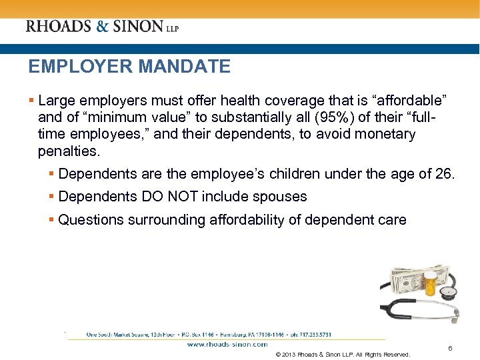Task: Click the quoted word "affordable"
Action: [x=409, y=101]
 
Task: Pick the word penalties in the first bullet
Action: [x=68, y=151]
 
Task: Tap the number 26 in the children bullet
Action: [x=445, y=175]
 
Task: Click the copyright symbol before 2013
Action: [x=278, y=354]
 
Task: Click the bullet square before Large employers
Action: [x=31, y=101]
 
